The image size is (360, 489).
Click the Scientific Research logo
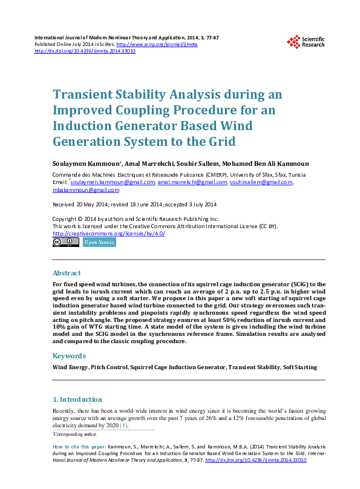click(x=306, y=41)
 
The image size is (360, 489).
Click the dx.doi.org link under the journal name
click(x=85, y=51)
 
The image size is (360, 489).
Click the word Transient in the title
click(x=84, y=95)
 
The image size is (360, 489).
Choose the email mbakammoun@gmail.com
click(x=86, y=189)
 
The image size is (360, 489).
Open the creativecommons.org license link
click(x=109, y=234)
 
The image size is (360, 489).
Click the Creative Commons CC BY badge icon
click(x=66, y=242)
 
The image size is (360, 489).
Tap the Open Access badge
click(x=99, y=242)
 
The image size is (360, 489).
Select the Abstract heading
click(x=67, y=273)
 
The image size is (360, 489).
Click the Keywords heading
click(x=69, y=356)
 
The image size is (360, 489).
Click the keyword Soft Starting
click(x=299, y=367)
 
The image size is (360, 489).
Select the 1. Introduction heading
click(x=77, y=399)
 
